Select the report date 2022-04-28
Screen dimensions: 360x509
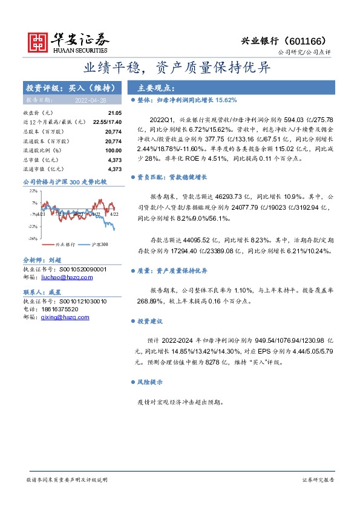90,100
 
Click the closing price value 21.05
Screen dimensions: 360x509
115,113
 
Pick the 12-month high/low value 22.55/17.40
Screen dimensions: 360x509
106,122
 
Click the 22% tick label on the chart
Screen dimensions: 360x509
33,190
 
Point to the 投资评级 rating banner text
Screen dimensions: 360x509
74,88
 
